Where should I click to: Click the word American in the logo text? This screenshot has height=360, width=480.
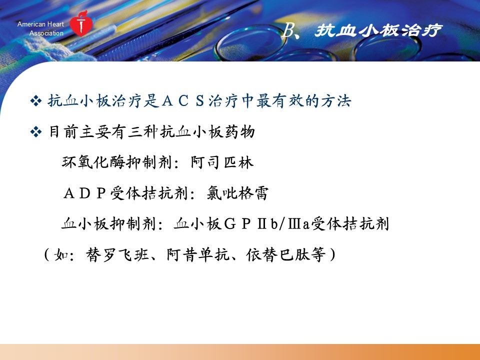(31, 24)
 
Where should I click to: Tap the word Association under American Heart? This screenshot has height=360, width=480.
(46, 33)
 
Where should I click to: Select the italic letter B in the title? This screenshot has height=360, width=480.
(287, 30)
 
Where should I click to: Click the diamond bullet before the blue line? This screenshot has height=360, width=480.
(36, 100)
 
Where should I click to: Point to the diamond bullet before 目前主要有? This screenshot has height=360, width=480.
(36, 132)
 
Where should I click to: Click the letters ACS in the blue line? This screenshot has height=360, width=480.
(183, 101)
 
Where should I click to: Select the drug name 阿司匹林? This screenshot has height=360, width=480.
(222, 162)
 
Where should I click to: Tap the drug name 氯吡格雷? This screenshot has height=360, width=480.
(237, 193)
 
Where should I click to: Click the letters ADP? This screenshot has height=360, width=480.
(85, 193)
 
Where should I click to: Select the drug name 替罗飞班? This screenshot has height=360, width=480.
(117, 254)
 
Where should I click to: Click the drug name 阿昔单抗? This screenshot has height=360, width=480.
(198, 254)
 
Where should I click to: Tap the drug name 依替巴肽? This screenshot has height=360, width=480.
(277, 254)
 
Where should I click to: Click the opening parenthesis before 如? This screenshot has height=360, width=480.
(47, 254)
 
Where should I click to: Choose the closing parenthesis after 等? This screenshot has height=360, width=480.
(332, 254)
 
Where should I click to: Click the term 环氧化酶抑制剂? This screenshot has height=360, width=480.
(117, 162)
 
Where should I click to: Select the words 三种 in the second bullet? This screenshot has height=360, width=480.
(143, 132)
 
